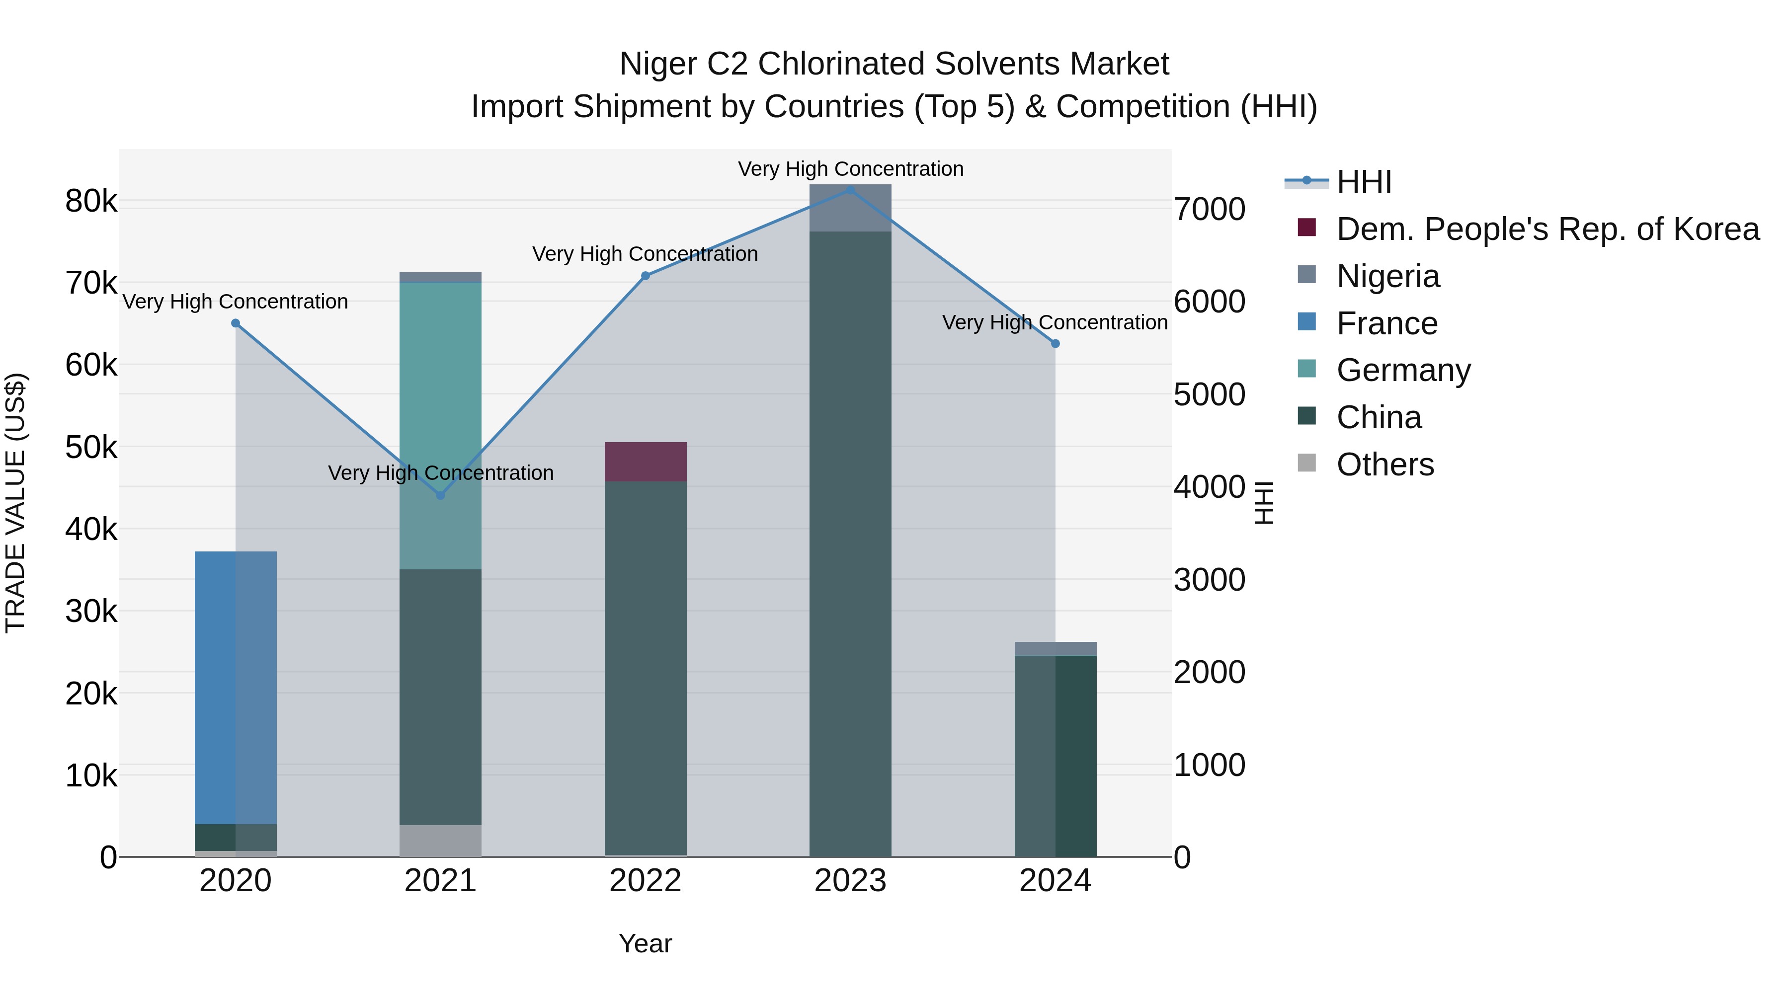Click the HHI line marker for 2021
(x=440, y=495)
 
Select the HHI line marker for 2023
(x=850, y=190)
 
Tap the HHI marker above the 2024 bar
(x=1055, y=344)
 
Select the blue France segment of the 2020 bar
(x=236, y=688)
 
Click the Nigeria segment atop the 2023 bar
(x=850, y=208)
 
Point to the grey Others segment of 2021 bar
(x=440, y=840)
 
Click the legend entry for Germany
(x=1403, y=370)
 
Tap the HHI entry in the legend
(x=1363, y=182)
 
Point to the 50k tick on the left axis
(x=91, y=448)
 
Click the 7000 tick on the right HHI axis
(x=1209, y=210)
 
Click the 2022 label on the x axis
(x=645, y=881)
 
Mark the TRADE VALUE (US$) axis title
(x=15, y=503)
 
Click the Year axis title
(x=645, y=943)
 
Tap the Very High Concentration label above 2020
(x=236, y=302)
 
